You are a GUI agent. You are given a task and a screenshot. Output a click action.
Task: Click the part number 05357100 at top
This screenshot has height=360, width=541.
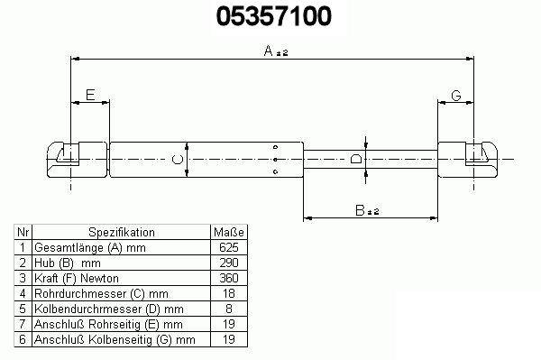[x=274, y=16]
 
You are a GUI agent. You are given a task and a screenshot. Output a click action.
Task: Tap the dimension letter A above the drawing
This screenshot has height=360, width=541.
[x=269, y=51]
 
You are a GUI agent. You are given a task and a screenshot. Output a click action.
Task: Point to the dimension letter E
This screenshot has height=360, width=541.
[x=90, y=95]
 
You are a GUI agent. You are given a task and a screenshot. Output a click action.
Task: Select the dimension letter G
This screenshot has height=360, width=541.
[x=456, y=95]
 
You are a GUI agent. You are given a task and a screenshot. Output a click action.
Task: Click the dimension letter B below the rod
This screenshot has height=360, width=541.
[x=360, y=210]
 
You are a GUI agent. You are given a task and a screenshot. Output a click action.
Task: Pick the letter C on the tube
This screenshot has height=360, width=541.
[x=178, y=160]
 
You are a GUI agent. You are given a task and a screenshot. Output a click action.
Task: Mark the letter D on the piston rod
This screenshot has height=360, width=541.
[x=356, y=159]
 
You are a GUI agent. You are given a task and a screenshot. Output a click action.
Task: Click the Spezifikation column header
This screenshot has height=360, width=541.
[x=122, y=232]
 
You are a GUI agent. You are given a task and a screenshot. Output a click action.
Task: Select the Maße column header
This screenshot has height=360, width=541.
[x=229, y=232]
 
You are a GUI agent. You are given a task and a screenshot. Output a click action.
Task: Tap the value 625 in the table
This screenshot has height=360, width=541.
[x=229, y=247]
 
